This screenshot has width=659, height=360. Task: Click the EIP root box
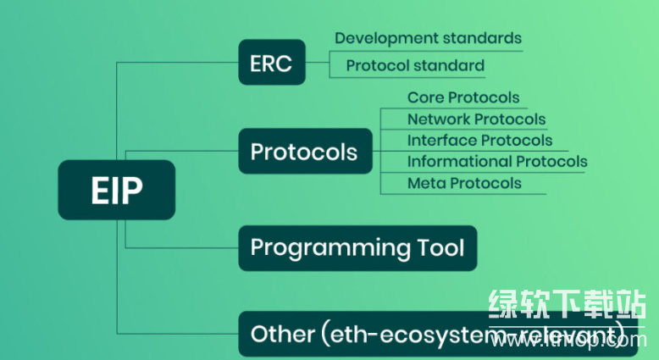coord(116,191)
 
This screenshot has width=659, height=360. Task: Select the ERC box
coord(271,63)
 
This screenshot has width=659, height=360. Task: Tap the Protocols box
coord(304,152)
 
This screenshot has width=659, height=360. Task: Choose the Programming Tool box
coord(357,248)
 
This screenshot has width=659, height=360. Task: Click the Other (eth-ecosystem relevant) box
coord(437,335)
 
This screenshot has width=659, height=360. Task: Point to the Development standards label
coord(428,38)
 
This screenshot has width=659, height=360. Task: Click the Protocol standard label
coord(415,65)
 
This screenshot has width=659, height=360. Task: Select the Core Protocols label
coord(463,98)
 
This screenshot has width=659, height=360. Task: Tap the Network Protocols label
coord(476,119)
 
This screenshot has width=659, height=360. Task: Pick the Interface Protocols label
coord(479,141)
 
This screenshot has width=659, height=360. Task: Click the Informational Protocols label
coord(497,162)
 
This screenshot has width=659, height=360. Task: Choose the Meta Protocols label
coord(464,183)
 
